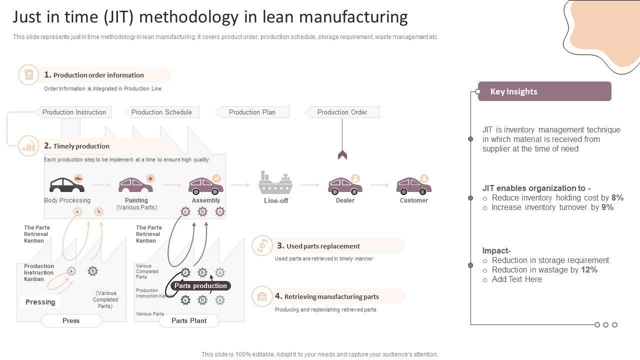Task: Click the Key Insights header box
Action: point(544,91)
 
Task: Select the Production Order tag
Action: point(342,112)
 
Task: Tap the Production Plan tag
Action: point(252,112)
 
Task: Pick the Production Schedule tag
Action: point(161,112)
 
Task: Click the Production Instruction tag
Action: point(74,112)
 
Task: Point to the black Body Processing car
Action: point(67,185)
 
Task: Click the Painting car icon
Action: point(135,185)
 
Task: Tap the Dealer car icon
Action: point(345,186)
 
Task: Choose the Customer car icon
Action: point(413,186)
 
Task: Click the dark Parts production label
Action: point(200,285)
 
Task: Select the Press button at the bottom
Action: point(71,320)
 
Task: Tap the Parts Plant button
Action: point(189,320)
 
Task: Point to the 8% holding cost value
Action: point(617,198)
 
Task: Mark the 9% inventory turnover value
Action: point(607,207)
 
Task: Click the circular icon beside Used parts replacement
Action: point(261,246)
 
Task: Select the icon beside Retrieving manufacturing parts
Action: point(261,296)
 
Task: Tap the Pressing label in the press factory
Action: point(40,302)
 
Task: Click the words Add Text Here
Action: point(516,279)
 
